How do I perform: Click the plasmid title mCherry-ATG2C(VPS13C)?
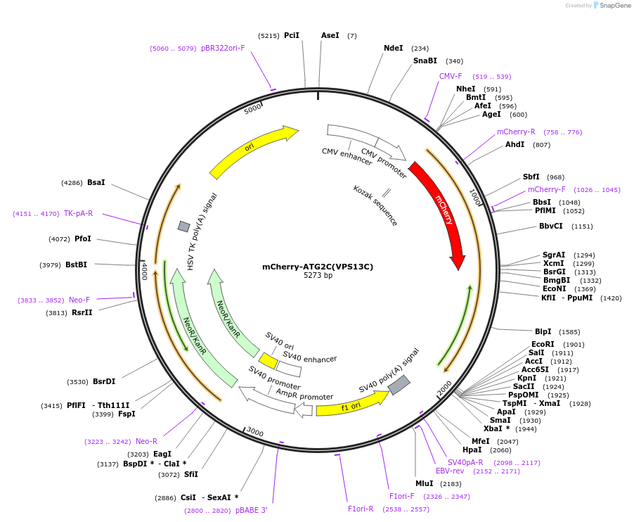[318, 267]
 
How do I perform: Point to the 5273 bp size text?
[318, 276]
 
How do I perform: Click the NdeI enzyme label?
[393, 49]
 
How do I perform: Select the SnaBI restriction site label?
[425, 61]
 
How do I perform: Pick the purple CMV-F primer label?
[451, 76]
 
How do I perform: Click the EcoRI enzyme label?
[543, 345]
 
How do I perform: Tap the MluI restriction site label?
[424, 484]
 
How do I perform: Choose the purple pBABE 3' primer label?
[251, 510]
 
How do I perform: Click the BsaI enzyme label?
[96, 183]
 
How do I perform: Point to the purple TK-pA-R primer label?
[78, 213]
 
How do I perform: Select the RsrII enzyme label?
[82, 313]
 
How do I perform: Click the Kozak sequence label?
[375, 205]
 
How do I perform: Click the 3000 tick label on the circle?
[254, 431]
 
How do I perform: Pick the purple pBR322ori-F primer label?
[223, 49]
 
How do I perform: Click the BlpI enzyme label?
[543, 331]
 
